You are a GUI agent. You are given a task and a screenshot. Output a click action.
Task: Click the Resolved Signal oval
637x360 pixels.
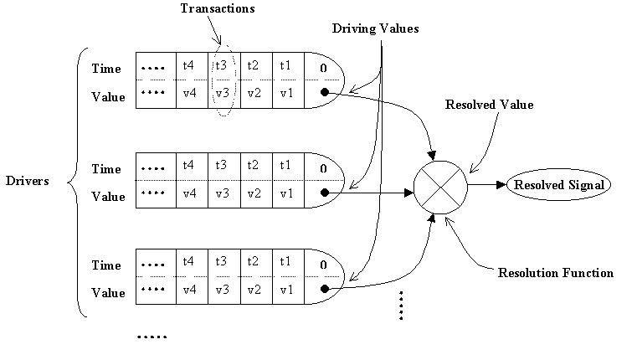[x=551, y=184]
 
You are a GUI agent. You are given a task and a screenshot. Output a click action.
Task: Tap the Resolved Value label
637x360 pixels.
[x=489, y=105]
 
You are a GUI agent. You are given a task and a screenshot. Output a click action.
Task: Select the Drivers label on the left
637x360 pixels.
[x=27, y=181]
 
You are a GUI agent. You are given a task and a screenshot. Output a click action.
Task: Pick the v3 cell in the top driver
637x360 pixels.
[x=221, y=92]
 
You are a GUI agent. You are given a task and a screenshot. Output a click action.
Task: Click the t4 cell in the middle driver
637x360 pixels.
[x=189, y=166]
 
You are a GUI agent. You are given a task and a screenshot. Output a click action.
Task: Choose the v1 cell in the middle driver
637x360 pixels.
[x=286, y=193]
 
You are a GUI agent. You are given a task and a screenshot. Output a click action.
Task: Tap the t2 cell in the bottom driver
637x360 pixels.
[x=254, y=261]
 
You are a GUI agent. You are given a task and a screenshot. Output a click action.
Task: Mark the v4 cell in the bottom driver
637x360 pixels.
[x=189, y=290]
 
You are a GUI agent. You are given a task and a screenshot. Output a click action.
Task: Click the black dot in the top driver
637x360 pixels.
[x=323, y=93]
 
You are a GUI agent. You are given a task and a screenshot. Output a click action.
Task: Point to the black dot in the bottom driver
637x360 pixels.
[x=323, y=290]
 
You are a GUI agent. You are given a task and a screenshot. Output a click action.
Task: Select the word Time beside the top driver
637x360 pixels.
[x=106, y=69]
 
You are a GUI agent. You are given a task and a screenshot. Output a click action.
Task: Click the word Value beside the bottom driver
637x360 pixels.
[x=107, y=293]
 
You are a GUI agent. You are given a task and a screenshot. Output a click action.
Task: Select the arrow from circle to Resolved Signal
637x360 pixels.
[x=483, y=184]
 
